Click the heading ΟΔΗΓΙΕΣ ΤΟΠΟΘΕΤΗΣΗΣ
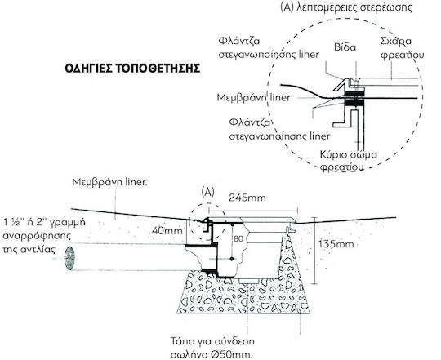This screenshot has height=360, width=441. click(x=132, y=69)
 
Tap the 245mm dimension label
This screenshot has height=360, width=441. click(x=247, y=198)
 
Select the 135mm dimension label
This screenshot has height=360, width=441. click(x=336, y=244)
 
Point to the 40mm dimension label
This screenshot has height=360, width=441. click(x=167, y=231)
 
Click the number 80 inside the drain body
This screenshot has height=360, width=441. click(x=238, y=239)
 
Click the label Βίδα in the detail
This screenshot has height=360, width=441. click(x=345, y=47)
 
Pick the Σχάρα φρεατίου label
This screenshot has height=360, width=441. click(x=402, y=48)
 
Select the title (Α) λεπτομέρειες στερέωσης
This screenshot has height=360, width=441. click(x=346, y=7)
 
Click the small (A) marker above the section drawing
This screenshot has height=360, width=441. click(x=208, y=192)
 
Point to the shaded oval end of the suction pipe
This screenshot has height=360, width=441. click(x=69, y=258)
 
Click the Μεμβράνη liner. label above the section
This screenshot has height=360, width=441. click(x=110, y=182)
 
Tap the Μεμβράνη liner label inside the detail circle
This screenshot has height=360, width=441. click(x=253, y=97)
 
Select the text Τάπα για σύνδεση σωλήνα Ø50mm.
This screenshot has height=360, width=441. click(x=212, y=346)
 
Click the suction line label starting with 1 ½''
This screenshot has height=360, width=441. click(x=44, y=235)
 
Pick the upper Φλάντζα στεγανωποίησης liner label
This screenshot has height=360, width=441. click(x=269, y=48)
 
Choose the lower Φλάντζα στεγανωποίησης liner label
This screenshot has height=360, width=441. click(x=279, y=129)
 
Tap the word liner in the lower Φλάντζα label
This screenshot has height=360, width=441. click(x=319, y=136)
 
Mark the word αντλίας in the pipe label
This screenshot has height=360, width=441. click(x=39, y=249)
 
